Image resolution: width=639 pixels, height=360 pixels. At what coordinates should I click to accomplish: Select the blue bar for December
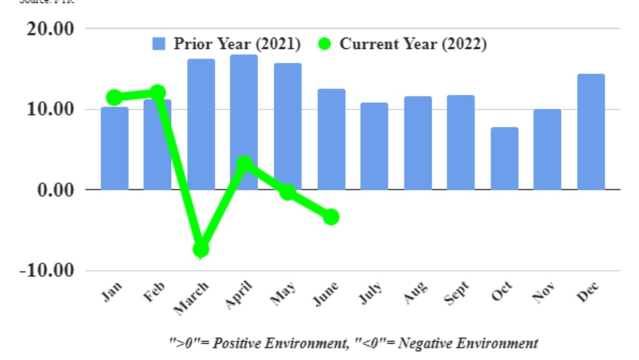tap(591, 132)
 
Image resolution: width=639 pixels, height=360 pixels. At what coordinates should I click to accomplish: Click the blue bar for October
tap(505, 158)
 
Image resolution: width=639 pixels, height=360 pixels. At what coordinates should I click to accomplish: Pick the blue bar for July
tap(374, 146)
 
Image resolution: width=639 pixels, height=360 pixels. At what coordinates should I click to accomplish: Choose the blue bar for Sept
tap(461, 142)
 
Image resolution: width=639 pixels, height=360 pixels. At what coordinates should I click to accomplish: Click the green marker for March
tap(201, 248)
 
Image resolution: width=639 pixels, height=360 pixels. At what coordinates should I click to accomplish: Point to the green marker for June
tap(331, 217)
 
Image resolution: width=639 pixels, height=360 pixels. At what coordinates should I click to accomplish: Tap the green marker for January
tap(114, 97)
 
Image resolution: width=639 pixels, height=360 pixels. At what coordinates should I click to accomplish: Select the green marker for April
tap(244, 164)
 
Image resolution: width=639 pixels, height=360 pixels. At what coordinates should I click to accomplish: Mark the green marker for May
tap(288, 192)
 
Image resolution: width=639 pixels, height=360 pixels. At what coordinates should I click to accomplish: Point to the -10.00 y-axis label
tap(46, 270)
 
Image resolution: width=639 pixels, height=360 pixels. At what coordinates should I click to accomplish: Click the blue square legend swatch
tap(159, 44)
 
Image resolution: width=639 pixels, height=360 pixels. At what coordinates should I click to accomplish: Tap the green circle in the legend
tap(325, 44)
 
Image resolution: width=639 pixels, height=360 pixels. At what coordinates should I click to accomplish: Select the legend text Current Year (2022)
tap(413, 44)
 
